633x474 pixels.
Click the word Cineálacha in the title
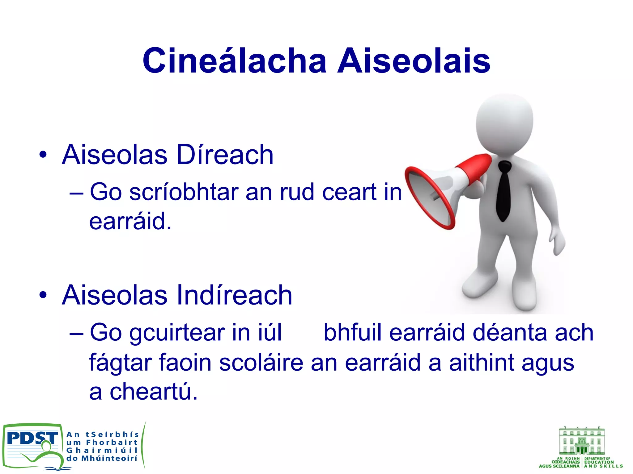tap(234, 61)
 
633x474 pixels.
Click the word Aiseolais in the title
tap(414, 61)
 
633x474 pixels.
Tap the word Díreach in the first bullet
tap(225, 155)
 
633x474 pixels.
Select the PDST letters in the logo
tap(32, 438)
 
